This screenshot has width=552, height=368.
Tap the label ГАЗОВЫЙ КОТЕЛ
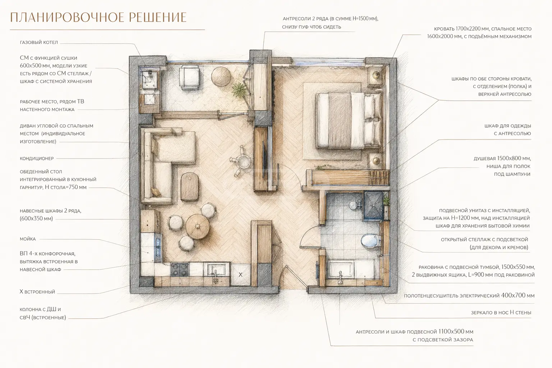[x=39, y=42]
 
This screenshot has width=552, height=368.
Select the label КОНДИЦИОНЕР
[x=37, y=158]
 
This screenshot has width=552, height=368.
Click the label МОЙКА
[x=28, y=239]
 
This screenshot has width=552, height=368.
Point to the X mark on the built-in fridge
[x=240, y=275]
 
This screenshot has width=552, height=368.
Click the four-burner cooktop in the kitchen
[x=180, y=270]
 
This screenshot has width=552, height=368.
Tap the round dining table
[x=198, y=226]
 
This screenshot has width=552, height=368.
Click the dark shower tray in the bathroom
[x=373, y=206]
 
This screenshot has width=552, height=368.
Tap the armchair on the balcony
[x=189, y=78]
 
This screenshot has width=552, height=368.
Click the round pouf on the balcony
[x=221, y=77]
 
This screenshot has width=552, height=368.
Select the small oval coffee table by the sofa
[x=189, y=187]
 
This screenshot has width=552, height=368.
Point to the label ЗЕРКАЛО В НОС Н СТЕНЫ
[x=501, y=313]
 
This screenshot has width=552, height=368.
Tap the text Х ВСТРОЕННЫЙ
[x=37, y=292]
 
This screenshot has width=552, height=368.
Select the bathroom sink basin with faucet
[x=341, y=270]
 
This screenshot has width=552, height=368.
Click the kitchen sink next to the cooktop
[x=216, y=270]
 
